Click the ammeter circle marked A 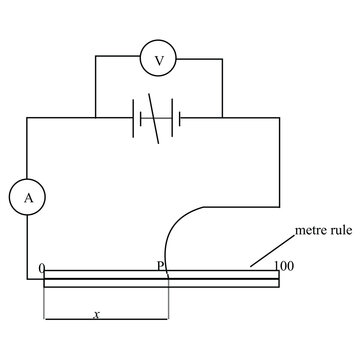(x=28, y=198)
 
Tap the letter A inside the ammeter (x=28, y=198)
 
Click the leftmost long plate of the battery (x=133, y=119)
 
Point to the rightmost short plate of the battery (x=178, y=119)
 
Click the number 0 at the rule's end (x=41, y=267)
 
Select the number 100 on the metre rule (x=283, y=266)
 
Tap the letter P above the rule (x=160, y=266)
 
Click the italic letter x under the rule (x=96, y=314)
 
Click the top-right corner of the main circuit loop (x=278, y=119)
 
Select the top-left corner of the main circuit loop (x=28, y=119)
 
